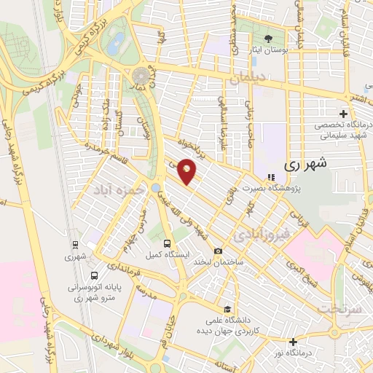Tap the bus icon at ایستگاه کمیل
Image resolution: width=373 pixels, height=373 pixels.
click(x=168, y=243)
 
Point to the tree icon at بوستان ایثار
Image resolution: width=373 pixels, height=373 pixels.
click(x=270, y=38)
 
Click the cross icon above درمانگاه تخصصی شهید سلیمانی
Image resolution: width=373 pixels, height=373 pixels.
click(x=344, y=114)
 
